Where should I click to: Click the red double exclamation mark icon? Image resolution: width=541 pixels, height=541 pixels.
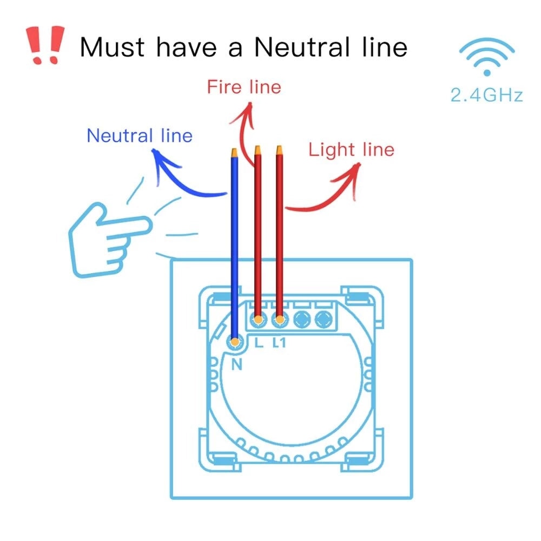[x=45, y=45]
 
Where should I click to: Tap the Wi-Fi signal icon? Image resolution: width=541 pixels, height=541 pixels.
[x=486, y=56]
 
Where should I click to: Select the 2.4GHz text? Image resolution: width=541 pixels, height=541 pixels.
[x=486, y=95]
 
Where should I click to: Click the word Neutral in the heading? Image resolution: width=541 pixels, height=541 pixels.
[x=302, y=47]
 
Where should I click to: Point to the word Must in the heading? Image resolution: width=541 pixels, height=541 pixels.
[x=112, y=47]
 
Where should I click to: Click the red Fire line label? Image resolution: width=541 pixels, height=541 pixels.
[x=244, y=87]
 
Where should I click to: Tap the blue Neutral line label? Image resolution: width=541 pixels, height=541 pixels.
[x=140, y=135]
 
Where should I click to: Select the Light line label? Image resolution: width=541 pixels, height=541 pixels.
[x=351, y=150]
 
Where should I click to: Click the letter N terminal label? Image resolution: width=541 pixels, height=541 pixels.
[x=237, y=364]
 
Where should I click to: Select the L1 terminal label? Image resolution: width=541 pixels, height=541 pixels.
[x=279, y=342]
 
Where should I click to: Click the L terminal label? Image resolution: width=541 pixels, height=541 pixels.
[x=259, y=342]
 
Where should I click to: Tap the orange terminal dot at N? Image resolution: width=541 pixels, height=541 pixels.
[x=235, y=342]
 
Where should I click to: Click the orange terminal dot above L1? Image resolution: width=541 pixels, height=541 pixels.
[x=280, y=319]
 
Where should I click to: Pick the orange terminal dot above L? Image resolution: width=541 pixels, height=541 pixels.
[x=258, y=319]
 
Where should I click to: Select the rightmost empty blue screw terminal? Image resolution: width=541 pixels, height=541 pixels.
[x=323, y=319]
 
